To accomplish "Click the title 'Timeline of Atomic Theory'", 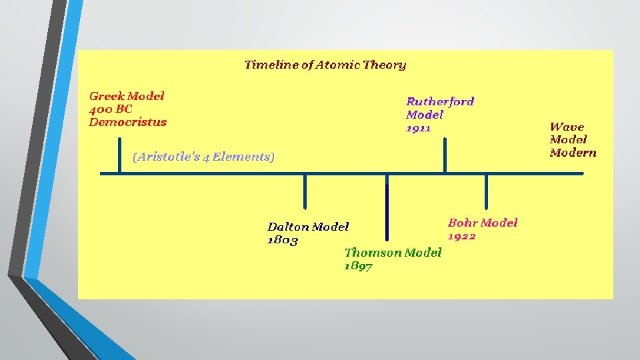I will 325,65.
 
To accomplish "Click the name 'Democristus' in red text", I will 128,122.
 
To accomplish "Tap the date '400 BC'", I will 111,109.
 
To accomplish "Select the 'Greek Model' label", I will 127,96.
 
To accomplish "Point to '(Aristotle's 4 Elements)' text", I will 203,157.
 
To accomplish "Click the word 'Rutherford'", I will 440,101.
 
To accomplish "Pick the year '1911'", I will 419,128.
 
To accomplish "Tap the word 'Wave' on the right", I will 567,127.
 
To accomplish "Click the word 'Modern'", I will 573,153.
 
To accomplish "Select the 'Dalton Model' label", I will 308,227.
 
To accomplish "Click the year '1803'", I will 283,240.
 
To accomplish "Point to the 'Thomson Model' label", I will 393,252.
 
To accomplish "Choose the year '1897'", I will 359,266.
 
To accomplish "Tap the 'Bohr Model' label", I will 483,223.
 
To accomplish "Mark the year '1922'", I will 461,236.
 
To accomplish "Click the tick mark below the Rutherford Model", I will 445,155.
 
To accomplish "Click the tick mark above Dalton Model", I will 305,192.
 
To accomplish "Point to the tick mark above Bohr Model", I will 486,192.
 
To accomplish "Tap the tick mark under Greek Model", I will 120,155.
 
